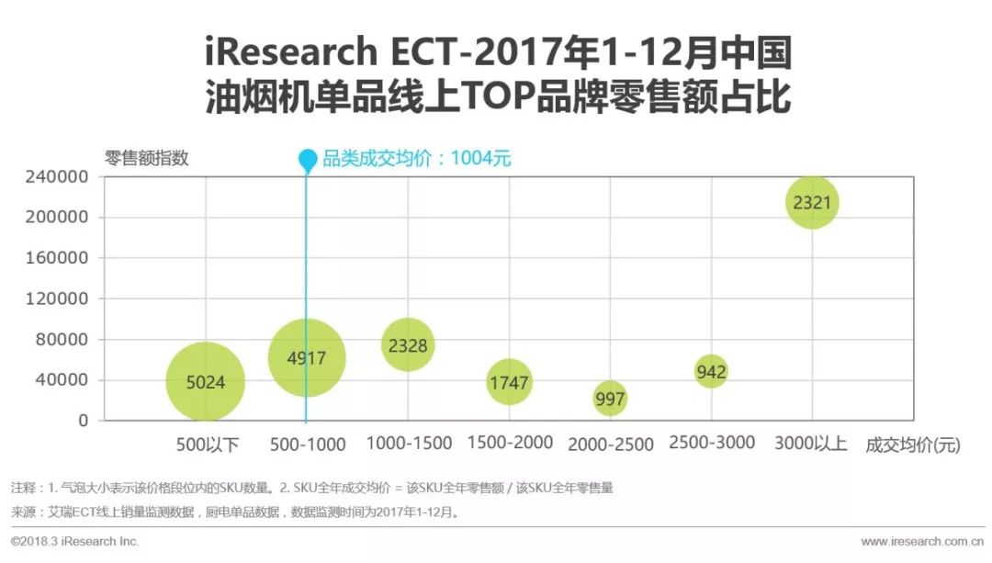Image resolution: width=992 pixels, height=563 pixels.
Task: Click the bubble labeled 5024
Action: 206,381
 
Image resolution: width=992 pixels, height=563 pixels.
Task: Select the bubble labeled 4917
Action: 307,358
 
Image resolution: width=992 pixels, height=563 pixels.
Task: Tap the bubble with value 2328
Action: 407,344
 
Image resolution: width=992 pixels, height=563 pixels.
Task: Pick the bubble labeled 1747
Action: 509,382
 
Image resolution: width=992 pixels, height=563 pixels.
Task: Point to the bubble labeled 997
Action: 610,399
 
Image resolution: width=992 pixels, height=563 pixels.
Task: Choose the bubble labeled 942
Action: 711,371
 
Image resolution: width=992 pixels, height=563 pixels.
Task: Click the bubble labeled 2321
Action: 812,202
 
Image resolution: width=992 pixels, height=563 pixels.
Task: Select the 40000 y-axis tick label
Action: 64,380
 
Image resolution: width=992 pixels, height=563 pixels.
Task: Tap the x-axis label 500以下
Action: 208,445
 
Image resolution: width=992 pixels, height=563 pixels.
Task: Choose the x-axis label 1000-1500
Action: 409,444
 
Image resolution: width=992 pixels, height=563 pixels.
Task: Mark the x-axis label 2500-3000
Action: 712,443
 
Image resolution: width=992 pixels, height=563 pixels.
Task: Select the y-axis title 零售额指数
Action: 147,158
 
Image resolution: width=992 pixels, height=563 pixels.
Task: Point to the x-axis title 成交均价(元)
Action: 912,445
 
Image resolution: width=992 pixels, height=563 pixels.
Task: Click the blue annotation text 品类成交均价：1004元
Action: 416,158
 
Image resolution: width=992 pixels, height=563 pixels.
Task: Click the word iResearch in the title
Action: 290,52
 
